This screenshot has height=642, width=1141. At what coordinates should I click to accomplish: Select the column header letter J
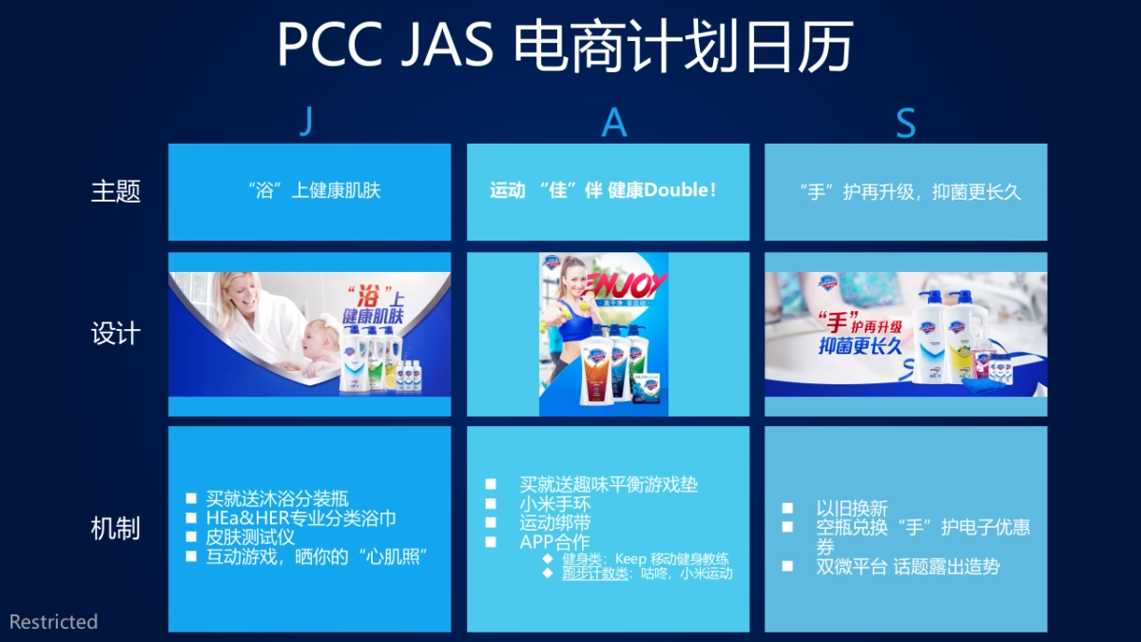pos(305,123)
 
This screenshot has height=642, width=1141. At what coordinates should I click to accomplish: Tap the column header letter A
pos(614,123)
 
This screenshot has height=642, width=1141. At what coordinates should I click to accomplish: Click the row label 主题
pos(115,191)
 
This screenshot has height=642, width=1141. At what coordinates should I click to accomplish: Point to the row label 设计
pos(115,334)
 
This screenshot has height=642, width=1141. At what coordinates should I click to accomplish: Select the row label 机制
pos(115,529)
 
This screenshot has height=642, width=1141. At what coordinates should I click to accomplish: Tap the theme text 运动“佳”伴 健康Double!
pos(603,190)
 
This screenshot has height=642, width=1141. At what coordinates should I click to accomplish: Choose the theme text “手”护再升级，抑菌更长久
pos(910,191)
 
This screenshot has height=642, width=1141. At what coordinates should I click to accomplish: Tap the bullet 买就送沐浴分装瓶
pos(277,498)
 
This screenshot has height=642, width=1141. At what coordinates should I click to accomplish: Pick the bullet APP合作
pos(554,542)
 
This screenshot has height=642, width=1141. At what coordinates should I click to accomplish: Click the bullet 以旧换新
pos(851,508)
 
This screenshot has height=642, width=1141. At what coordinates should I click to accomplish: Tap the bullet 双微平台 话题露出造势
pos(907,566)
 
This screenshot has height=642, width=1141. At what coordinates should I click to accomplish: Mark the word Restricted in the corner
pos(54,622)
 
